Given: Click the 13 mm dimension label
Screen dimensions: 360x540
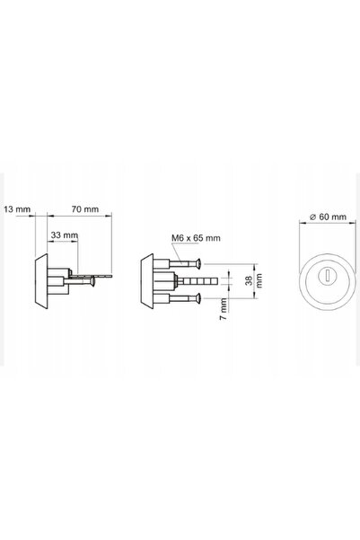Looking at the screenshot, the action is pos(17,209).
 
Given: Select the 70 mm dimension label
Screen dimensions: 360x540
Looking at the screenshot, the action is pos(85,209).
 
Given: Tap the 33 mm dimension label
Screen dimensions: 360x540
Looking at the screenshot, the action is pos(65,235).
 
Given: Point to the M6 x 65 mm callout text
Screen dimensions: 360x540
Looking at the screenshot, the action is pos(196,238).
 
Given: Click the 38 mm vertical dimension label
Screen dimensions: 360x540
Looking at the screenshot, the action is pos(254,280).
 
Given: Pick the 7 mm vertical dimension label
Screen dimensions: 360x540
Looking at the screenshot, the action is pos(224,309).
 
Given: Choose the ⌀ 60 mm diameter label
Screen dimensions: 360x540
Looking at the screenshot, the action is pos(328,217).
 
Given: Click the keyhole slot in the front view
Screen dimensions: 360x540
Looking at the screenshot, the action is pos(328,276).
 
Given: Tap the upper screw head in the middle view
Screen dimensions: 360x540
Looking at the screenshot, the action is pos(198,264).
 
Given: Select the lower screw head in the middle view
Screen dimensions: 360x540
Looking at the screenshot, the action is pos(198,298).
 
